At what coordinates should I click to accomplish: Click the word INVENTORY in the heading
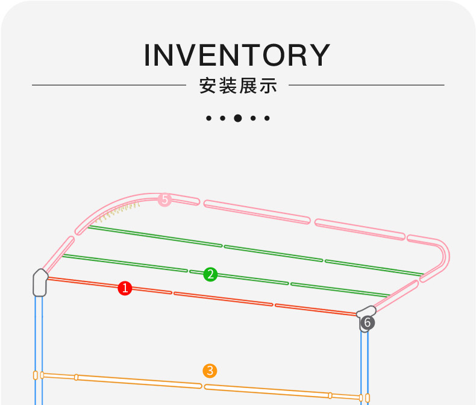tap(237, 55)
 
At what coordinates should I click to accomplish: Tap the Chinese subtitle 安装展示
tap(238, 86)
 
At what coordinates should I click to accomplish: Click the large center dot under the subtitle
tap(238, 118)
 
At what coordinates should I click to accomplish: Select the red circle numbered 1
tap(125, 288)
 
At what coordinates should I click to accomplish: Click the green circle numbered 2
tap(210, 274)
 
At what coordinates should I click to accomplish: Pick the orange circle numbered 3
tap(210, 371)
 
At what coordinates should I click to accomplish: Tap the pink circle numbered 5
tap(164, 199)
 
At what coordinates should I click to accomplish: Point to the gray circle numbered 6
tap(367, 322)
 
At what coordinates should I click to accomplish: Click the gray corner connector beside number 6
tap(365, 312)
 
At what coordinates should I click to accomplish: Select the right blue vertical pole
tap(365, 362)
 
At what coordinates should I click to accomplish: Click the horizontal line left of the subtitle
tap(108, 86)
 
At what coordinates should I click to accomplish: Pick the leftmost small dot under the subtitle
tap(208, 118)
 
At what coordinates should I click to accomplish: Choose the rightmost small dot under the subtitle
tap(268, 118)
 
